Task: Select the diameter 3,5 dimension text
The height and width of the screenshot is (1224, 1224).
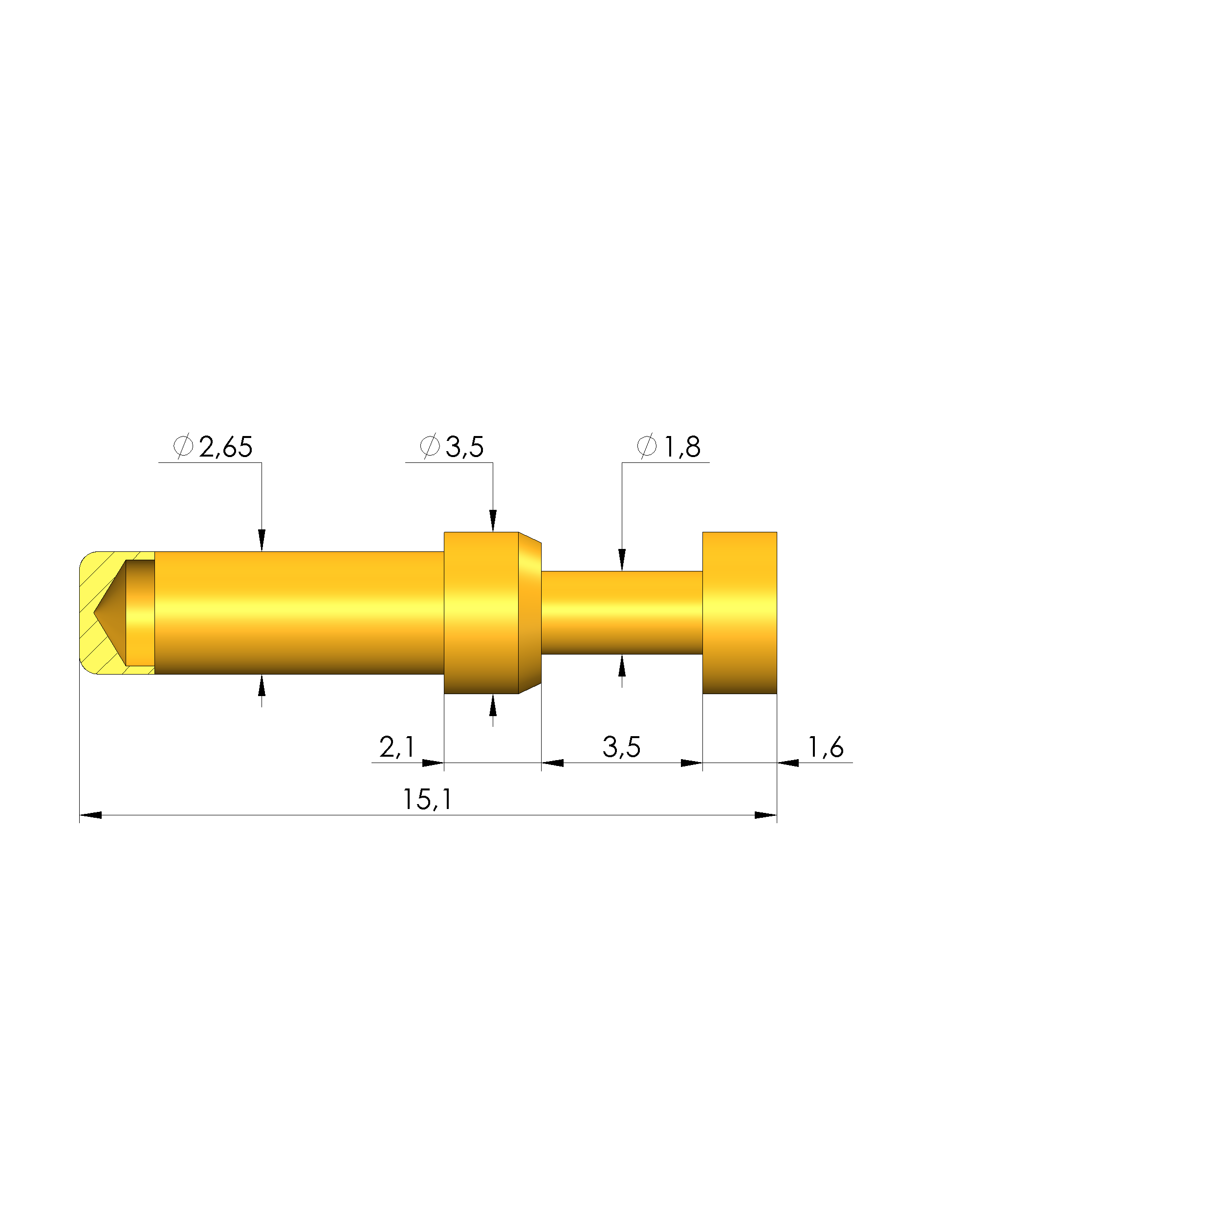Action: [x=452, y=447]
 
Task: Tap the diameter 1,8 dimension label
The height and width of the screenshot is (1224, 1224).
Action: [x=669, y=447]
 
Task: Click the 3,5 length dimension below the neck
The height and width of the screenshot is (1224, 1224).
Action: [x=621, y=747]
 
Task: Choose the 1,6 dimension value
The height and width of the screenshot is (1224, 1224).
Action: [x=826, y=747]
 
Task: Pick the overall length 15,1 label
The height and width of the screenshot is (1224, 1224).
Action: [x=428, y=800]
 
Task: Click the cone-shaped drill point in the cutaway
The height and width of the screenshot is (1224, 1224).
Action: [x=109, y=613]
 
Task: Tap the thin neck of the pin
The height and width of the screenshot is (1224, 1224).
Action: [x=621, y=612]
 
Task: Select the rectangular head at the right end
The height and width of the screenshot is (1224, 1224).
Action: [x=740, y=612]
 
